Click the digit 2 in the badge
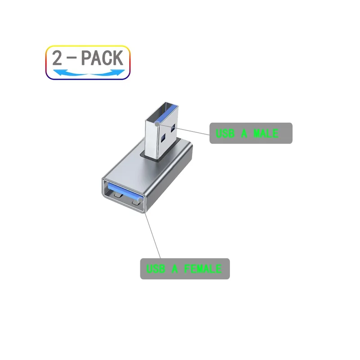point(57,58)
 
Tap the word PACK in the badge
point(102,58)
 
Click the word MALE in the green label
point(266,133)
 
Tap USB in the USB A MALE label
point(225,133)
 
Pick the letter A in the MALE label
point(244,133)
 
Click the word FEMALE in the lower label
point(203,269)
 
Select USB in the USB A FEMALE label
point(156,269)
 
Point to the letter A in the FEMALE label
point(175,269)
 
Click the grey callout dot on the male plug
point(157,124)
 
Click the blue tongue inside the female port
point(124,192)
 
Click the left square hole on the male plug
point(163,138)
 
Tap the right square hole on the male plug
point(173,129)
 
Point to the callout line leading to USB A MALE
point(183,130)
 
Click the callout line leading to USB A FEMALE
point(153,235)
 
